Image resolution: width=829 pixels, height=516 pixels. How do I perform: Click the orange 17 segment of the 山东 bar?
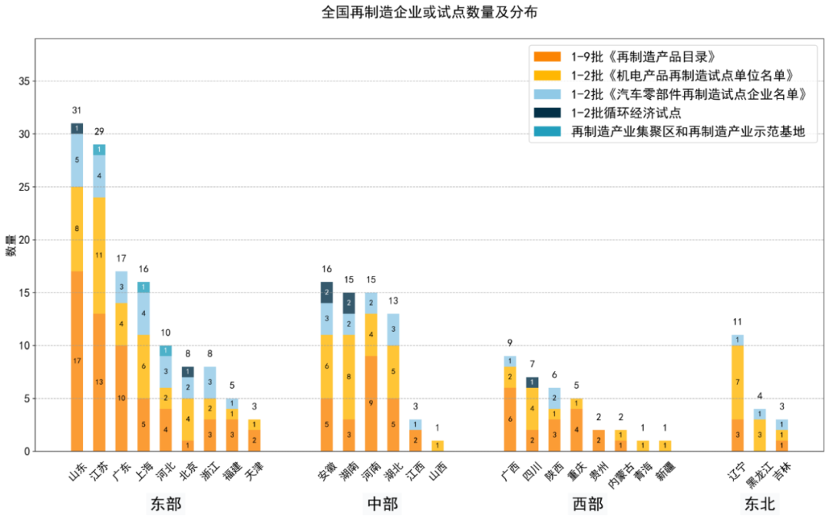point(77,361)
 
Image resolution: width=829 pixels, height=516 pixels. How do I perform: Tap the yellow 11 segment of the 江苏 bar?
point(99,255)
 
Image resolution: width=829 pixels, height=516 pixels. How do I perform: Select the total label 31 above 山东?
point(77,110)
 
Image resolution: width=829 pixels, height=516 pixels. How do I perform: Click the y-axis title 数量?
point(12,245)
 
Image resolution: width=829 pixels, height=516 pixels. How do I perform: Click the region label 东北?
point(759,504)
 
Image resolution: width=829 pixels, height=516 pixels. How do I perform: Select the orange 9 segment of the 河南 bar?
point(372,403)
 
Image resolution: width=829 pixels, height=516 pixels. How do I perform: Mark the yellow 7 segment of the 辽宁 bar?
point(738,382)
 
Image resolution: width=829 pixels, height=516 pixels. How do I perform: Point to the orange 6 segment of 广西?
point(510,419)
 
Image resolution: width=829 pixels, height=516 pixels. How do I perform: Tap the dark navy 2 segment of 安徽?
point(327,292)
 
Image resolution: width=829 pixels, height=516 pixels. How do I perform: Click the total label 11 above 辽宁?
point(738,322)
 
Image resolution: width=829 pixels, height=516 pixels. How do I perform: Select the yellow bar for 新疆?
point(664,445)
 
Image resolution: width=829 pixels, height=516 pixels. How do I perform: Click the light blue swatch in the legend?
point(547,94)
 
